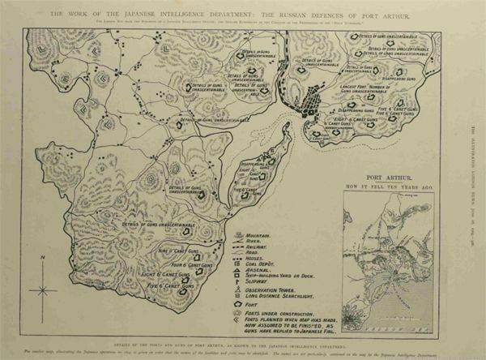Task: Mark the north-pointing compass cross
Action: pyautogui.click(x=41, y=288)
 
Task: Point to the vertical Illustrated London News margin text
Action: pyautogui.click(x=475, y=162)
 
